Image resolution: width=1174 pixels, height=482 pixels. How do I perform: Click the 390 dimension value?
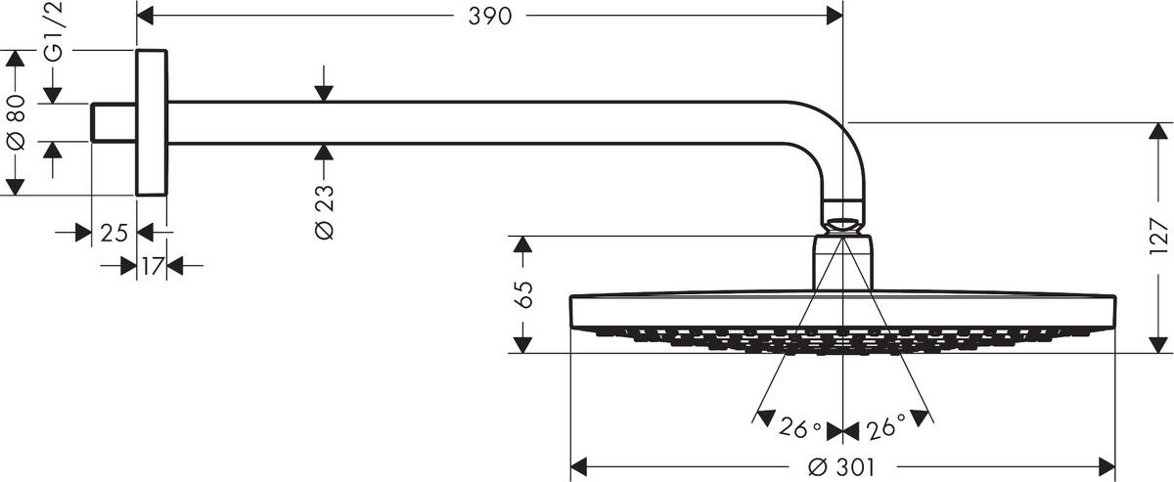tap(489, 17)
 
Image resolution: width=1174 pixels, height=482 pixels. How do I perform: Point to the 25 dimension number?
tap(114, 233)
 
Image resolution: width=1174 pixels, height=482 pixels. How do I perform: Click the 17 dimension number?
tap(152, 265)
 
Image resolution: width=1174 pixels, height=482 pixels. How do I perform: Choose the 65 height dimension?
tap(523, 293)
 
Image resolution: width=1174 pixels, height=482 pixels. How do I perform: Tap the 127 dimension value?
tap(1159, 238)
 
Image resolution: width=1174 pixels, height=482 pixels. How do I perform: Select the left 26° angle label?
tap(800, 428)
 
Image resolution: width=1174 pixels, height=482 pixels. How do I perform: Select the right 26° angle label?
tap(886, 428)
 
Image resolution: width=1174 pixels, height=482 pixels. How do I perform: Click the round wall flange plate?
tap(152, 122)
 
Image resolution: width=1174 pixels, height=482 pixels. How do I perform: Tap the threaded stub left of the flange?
tap(113, 122)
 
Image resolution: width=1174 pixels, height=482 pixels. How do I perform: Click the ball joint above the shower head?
tap(843, 217)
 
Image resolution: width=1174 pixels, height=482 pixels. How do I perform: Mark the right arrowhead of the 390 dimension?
tap(835, 16)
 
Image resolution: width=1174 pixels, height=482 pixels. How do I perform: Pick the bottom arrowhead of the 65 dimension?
tap(523, 343)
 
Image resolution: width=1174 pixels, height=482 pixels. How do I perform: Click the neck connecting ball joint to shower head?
tap(843, 262)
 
